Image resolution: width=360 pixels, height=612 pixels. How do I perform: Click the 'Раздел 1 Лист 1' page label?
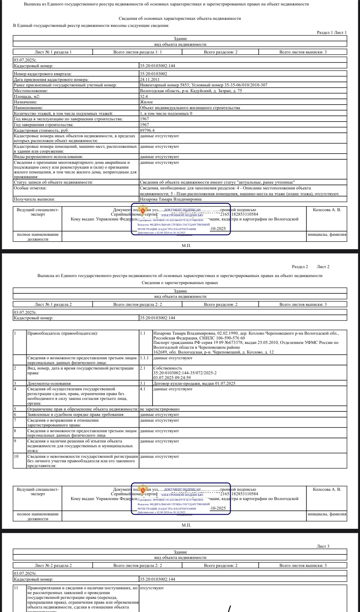pyautogui.click(x=332, y=32)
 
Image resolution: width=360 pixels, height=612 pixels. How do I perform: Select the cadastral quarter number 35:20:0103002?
pyautogui.click(x=154, y=74)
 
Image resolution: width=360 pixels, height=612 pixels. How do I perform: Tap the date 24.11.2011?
pyautogui.click(x=150, y=79)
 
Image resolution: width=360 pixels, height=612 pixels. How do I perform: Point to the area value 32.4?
pyautogui.click(x=144, y=96)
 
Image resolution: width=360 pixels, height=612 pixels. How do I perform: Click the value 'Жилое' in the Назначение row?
pyautogui.click(x=146, y=102)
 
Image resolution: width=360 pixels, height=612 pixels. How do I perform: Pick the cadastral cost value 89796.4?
pyautogui.click(x=147, y=130)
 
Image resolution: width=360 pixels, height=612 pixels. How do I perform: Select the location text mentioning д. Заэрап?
pyautogui.click(x=191, y=91)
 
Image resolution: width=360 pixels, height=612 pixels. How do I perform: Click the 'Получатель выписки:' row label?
pyautogui.click(x=34, y=199)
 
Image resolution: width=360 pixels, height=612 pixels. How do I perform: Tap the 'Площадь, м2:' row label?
pyautogui.click(x=27, y=96)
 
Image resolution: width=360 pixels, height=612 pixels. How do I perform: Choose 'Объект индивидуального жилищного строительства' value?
pyautogui.click(x=190, y=108)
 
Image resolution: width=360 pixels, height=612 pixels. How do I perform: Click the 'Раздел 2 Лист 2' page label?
pyautogui.click(x=310, y=266)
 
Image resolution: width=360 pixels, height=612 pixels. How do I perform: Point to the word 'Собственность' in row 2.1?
pyautogui.click(x=168, y=368)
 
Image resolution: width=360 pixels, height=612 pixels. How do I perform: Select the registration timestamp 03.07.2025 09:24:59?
pyautogui.click(x=172, y=378)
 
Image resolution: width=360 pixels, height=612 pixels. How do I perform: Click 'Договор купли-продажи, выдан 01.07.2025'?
pyautogui.click(x=194, y=383)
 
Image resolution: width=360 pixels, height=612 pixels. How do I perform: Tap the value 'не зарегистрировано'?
pyautogui.click(x=160, y=409)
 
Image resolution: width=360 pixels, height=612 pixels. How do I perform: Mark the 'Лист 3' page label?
pyautogui.click(x=323, y=546)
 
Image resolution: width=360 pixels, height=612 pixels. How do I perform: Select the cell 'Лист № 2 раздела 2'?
pyautogui.click(x=53, y=565)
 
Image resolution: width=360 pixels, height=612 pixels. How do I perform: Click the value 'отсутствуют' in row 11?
pyautogui.click(x=152, y=588)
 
